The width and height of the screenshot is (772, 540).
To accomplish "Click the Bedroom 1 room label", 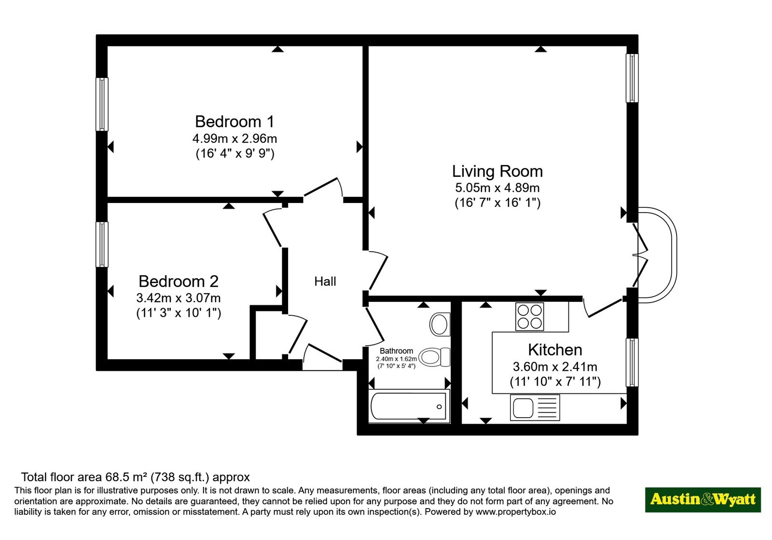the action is (234, 121).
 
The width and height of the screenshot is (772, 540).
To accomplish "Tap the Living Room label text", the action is (497, 171).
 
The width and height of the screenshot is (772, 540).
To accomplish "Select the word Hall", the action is (325, 282).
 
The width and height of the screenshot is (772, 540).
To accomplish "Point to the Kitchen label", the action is (555, 350).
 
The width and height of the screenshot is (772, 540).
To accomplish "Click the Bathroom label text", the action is (396, 351).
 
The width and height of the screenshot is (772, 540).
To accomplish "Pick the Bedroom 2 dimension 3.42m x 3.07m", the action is (179, 297).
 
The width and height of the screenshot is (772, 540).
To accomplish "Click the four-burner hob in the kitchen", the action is (530, 316).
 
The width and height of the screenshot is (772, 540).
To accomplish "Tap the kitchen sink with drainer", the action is (535, 408).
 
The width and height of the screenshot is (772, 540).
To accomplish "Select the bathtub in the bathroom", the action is (409, 406).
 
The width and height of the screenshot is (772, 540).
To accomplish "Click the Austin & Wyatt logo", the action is (703, 499).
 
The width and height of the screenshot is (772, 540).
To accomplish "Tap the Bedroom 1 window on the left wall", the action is (102, 104).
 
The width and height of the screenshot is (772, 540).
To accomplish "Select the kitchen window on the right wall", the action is (632, 362).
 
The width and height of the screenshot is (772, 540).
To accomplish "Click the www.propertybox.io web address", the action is (516, 512).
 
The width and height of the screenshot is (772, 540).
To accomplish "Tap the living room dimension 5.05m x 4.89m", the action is (497, 188).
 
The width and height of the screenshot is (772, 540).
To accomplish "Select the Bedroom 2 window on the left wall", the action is (102, 244).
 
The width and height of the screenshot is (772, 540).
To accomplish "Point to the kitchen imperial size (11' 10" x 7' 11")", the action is (555, 382).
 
